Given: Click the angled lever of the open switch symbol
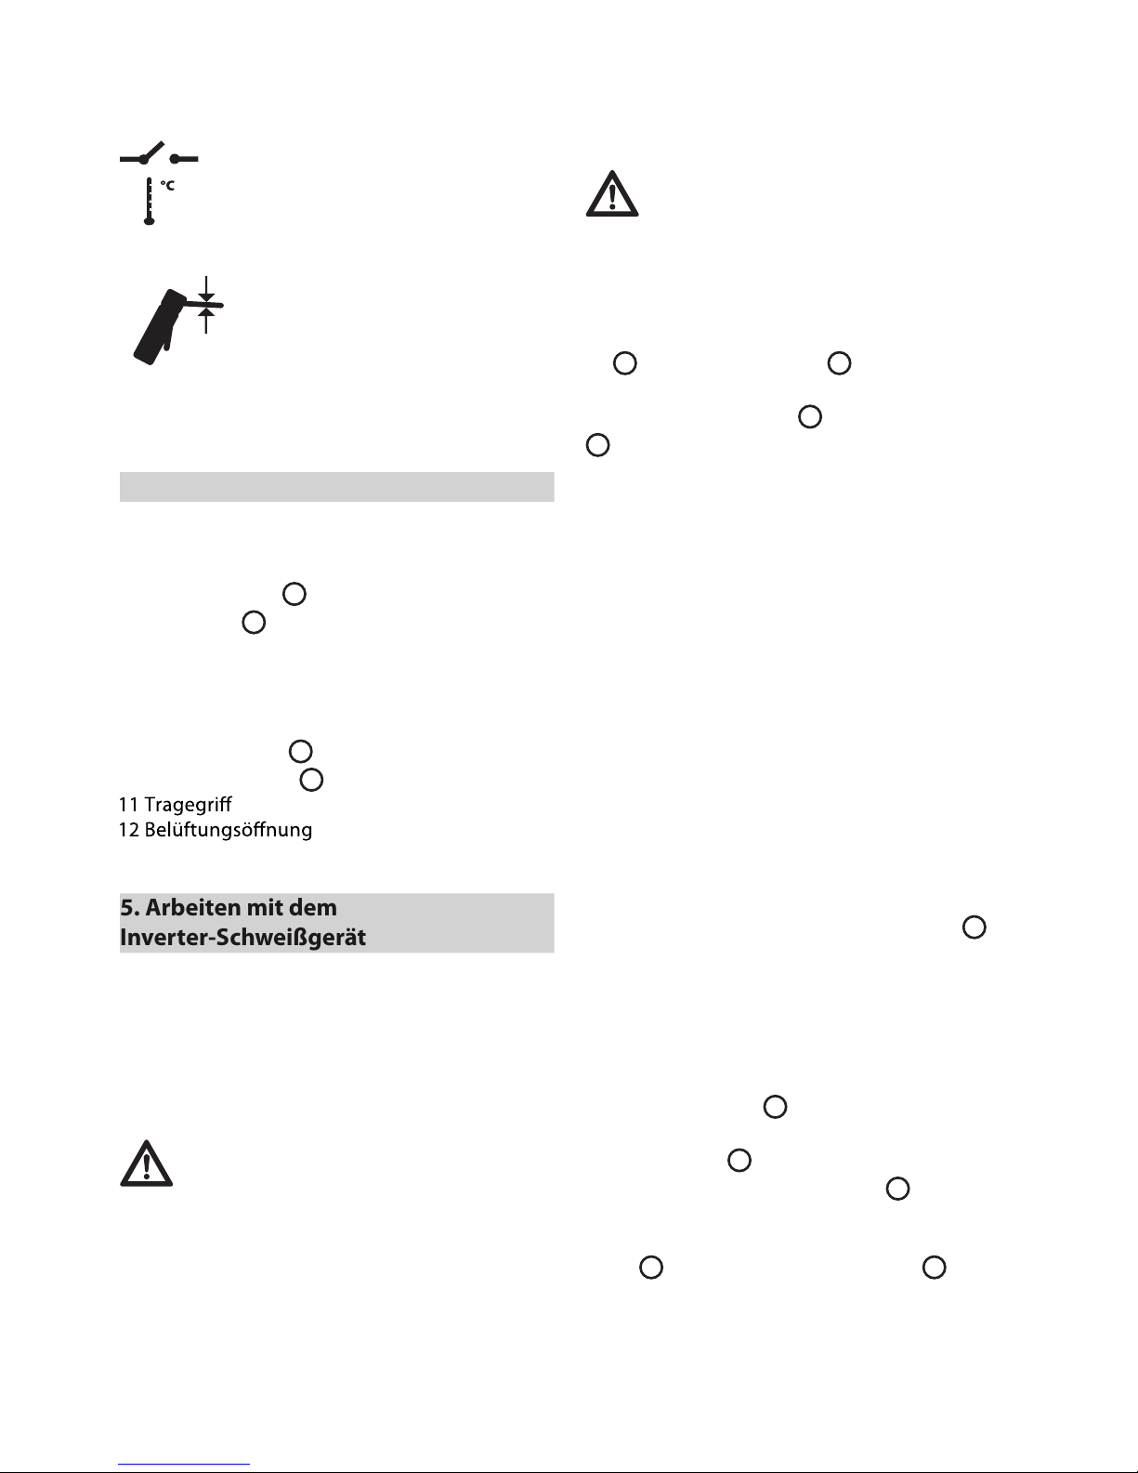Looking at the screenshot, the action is coord(152,151).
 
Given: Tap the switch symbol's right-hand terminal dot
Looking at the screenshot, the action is coord(175,159).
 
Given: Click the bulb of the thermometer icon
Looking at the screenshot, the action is coord(149,220).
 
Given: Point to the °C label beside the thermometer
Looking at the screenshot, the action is coord(167,185).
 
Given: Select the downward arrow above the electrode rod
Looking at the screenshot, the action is coord(206,288).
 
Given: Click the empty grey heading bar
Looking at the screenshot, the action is coord(336,487).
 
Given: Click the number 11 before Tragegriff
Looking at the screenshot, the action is coord(129,805).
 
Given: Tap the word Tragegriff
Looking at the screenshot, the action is coord(188,806).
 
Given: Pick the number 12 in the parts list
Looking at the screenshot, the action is coord(129,830).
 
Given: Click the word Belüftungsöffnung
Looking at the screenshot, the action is coord(229,831).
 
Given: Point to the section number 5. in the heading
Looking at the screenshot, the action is coord(129,908).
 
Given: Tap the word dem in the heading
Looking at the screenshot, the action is coord(313,908).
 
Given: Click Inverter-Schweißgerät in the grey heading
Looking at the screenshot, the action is coord(242,938).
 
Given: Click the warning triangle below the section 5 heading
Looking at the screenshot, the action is coord(147,1164).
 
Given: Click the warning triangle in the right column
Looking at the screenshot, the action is coord(612,194).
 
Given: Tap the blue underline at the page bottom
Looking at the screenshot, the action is coord(184,1465).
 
